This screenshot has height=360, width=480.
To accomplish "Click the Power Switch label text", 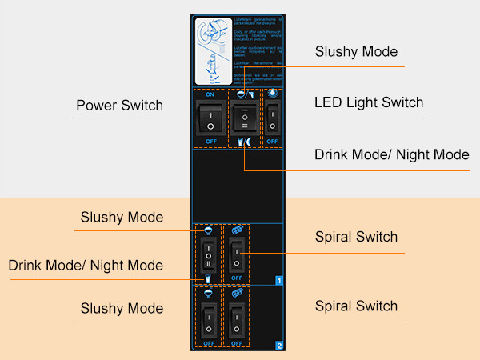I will coord(119,106).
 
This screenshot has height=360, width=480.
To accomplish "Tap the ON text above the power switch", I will coord(210,94).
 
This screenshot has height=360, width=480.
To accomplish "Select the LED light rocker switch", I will coord(272,118).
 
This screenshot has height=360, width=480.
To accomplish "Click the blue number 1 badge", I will coord(278,281).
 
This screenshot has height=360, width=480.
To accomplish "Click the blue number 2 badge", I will coord(278,346).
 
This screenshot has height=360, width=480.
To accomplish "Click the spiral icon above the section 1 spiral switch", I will coord(236,230).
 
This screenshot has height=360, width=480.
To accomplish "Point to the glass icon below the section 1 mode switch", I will coord(208,278).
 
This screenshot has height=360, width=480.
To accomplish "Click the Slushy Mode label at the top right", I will coord(356,52).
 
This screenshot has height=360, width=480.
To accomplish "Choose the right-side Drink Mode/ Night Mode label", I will coord(391,154).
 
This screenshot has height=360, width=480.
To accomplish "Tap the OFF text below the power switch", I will coord(210,142).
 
